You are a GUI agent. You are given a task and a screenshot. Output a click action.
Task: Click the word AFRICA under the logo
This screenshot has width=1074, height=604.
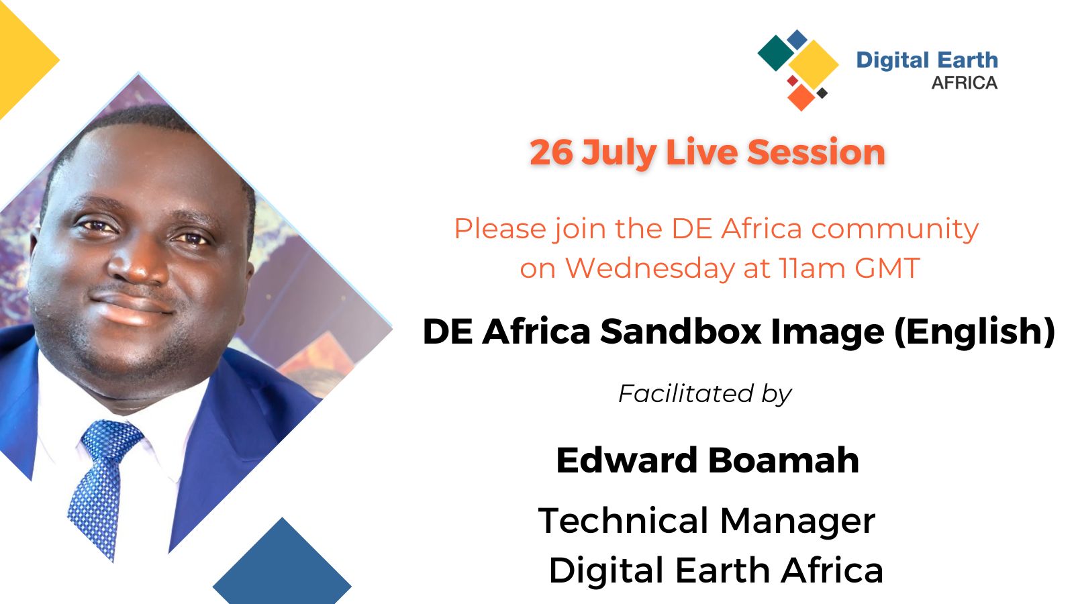(x=964, y=83)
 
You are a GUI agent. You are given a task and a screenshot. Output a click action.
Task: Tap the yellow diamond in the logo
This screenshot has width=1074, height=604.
(x=814, y=64)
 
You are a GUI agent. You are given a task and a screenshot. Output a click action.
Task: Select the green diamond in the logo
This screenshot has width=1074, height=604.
(x=776, y=53)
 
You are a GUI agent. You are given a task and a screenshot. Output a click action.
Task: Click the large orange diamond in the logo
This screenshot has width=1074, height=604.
(x=801, y=97)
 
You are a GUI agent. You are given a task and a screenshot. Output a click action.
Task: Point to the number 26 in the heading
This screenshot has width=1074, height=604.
(x=551, y=153)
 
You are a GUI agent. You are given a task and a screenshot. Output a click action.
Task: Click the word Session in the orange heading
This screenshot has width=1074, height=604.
(x=816, y=153)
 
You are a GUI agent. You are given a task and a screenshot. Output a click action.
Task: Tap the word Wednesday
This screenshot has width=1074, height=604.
(x=650, y=268)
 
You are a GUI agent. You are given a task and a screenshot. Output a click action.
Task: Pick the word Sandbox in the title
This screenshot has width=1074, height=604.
(x=681, y=332)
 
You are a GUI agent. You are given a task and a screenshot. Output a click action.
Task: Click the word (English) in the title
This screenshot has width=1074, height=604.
(x=974, y=332)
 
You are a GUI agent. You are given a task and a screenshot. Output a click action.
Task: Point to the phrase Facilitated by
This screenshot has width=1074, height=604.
(x=705, y=394)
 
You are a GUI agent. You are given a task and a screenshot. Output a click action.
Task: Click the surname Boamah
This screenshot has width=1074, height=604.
(x=783, y=460)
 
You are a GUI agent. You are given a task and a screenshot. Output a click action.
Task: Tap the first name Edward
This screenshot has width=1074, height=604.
(x=627, y=460)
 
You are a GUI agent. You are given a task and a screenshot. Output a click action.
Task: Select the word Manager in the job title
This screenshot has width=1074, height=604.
(x=798, y=521)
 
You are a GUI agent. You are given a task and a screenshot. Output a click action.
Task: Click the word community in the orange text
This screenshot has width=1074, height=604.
(x=895, y=229)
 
